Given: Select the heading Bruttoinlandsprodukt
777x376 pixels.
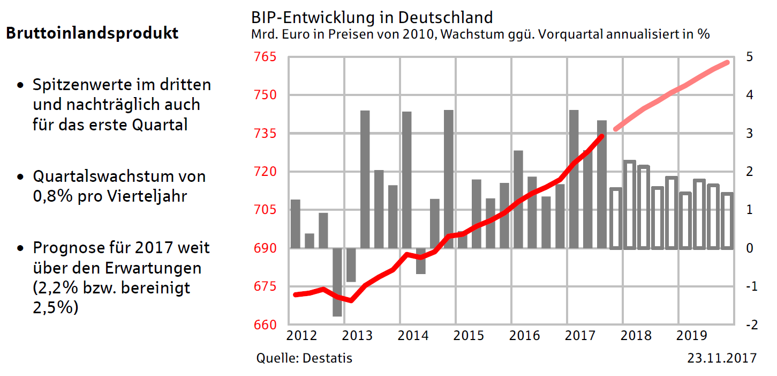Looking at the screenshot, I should click(x=92, y=33).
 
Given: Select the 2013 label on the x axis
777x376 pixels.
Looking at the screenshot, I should click(x=357, y=336).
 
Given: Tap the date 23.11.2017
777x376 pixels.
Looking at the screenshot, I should click(x=722, y=358).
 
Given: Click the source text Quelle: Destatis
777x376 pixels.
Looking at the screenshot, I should click(x=304, y=358).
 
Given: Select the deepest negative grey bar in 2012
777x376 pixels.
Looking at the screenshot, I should click(x=337, y=282).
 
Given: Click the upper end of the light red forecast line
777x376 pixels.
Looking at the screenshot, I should click(x=727, y=63).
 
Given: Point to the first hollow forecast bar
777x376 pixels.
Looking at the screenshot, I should click(x=615, y=218).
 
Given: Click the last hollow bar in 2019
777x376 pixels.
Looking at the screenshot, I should click(x=727, y=221).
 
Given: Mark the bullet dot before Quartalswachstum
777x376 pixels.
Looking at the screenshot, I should click(x=20, y=177).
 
